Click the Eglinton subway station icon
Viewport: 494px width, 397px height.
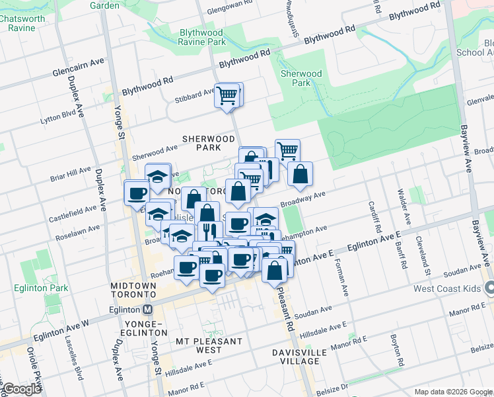[x=147, y=310]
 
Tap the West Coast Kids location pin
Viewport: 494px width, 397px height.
[x=489, y=288]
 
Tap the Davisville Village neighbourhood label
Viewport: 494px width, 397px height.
[x=299, y=357]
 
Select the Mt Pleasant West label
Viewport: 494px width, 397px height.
[x=209, y=345]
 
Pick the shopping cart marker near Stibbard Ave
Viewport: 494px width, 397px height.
[x=227, y=95]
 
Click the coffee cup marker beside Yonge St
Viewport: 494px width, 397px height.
[x=137, y=193]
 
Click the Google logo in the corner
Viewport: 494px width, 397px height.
[x=22, y=389]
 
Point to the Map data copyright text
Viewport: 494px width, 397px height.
[x=454, y=392]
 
